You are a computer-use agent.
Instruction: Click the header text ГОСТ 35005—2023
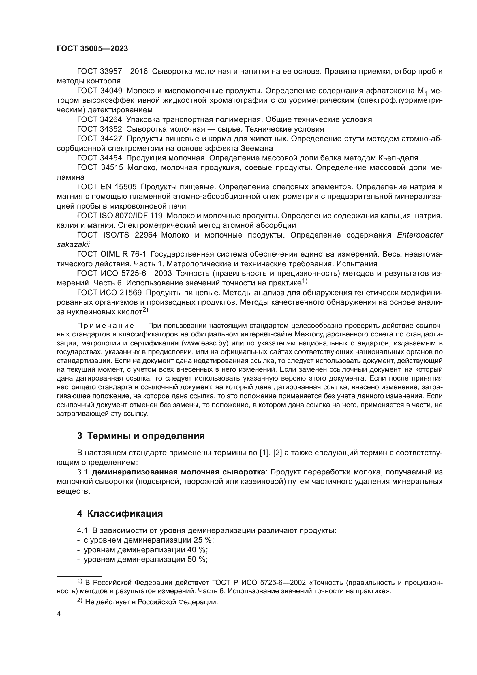pyautogui.click(x=92, y=49)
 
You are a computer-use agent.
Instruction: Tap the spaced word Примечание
pyautogui.click(x=106, y=326)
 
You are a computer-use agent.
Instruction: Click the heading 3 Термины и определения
pyautogui.click(x=141, y=436)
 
